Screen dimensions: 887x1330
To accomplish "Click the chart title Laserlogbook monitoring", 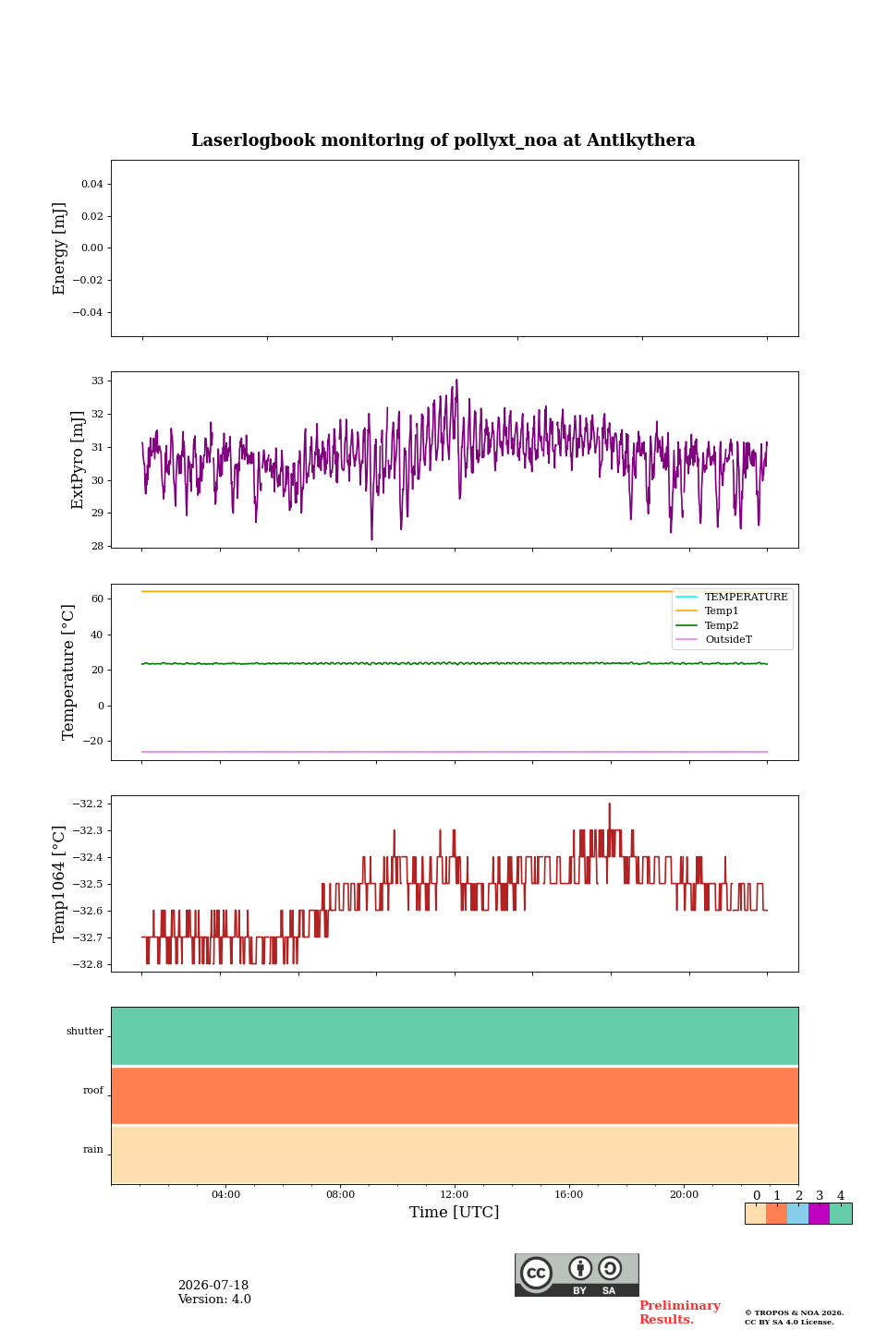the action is tap(443, 140).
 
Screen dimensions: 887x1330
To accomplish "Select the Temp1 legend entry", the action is tap(722, 611).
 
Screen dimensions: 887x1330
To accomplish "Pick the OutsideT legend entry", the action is tap(728, 639).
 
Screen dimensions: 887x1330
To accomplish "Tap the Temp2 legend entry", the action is tap(722, 625).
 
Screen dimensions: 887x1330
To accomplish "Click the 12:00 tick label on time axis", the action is tap(454, 1194).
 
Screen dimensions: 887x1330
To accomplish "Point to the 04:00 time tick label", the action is tap(225, 1194).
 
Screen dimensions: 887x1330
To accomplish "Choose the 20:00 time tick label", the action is tap(684, 1194).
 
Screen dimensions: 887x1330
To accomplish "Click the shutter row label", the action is tap(85, 1032).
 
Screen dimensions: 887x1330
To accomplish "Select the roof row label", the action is tap(93, 1090).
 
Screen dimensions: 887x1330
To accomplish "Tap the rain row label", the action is tap(93, 1149).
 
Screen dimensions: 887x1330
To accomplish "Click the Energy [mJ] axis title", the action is tap(58, 248).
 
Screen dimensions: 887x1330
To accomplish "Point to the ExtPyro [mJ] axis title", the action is tap(78, 460).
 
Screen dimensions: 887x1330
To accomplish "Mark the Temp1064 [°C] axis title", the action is tap(58, 884).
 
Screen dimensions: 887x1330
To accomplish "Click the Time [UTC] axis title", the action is tap(454, 1212).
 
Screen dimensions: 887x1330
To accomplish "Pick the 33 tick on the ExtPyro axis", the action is tap(97, 381).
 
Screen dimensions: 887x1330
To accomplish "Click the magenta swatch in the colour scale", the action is tap(819, 1214).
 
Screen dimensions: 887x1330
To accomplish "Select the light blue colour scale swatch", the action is tap(797, 1214).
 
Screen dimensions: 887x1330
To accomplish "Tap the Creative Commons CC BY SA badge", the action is tap(577, 1275).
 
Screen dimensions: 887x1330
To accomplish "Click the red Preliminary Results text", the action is tap(680, 1312).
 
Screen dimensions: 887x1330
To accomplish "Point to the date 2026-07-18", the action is tap(213, 1285).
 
